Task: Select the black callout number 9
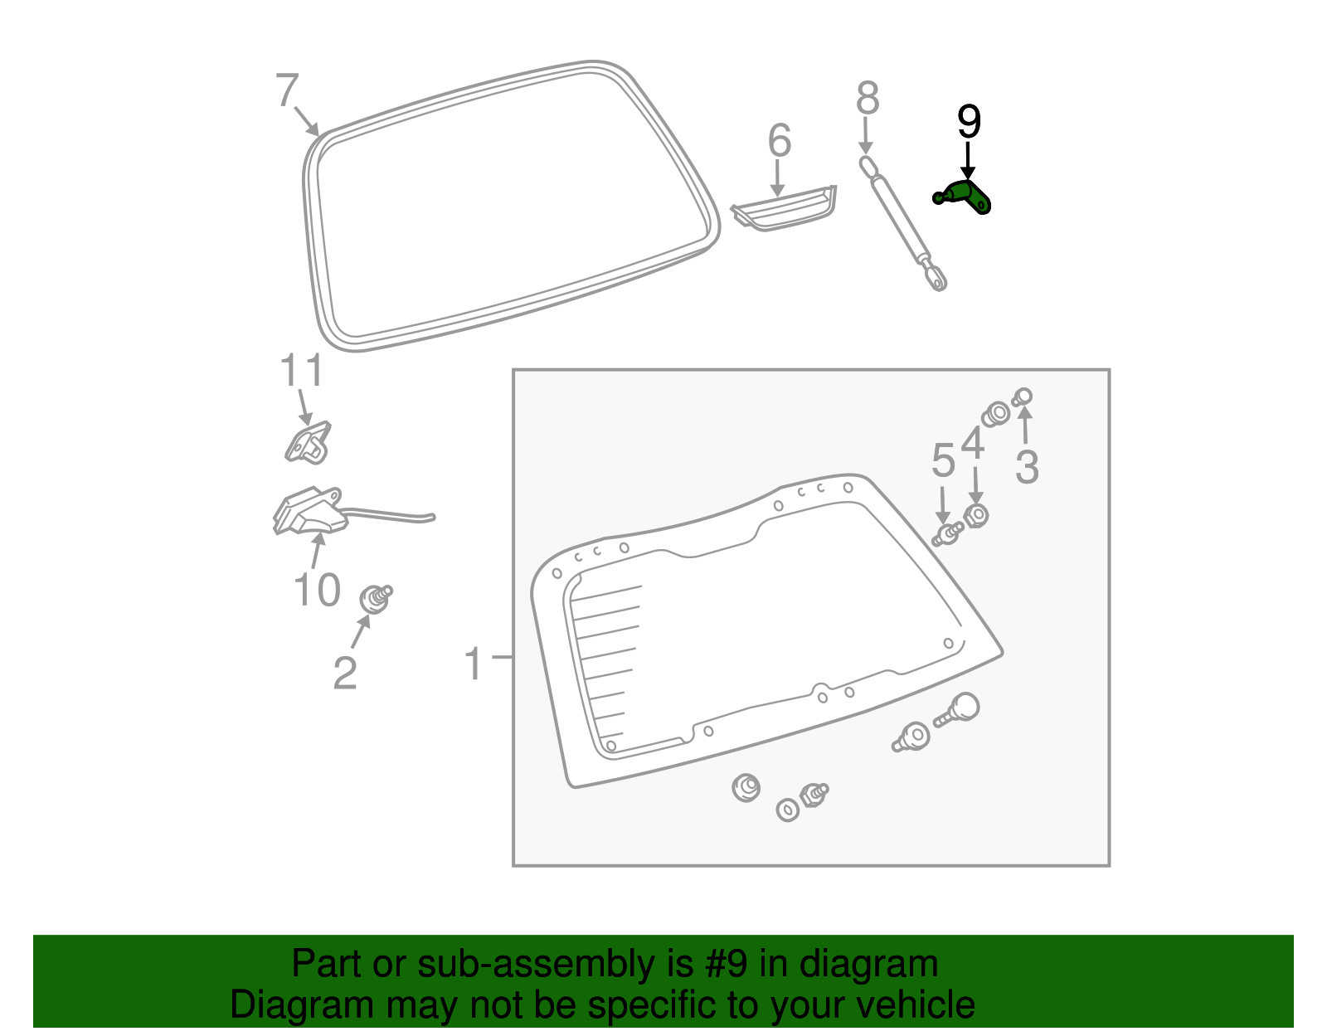(x=969, y=123)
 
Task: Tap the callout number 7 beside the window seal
(x=286, y=90)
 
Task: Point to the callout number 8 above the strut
(x=868, y=99)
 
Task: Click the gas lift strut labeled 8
(x=903, y=224)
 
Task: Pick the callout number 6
(x=779, y=141)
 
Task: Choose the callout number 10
(x=317, y=591)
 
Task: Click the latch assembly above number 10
(x=309, y=511)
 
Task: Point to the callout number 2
(x=345, y=673)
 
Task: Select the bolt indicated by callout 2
(x=375, y=597)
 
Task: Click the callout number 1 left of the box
(x=474, y=664)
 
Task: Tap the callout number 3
(x=1027, y=468)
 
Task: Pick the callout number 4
(x=973, y=445)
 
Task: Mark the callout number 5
(x=943, y=460)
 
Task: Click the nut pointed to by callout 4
(x=977, y=515)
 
